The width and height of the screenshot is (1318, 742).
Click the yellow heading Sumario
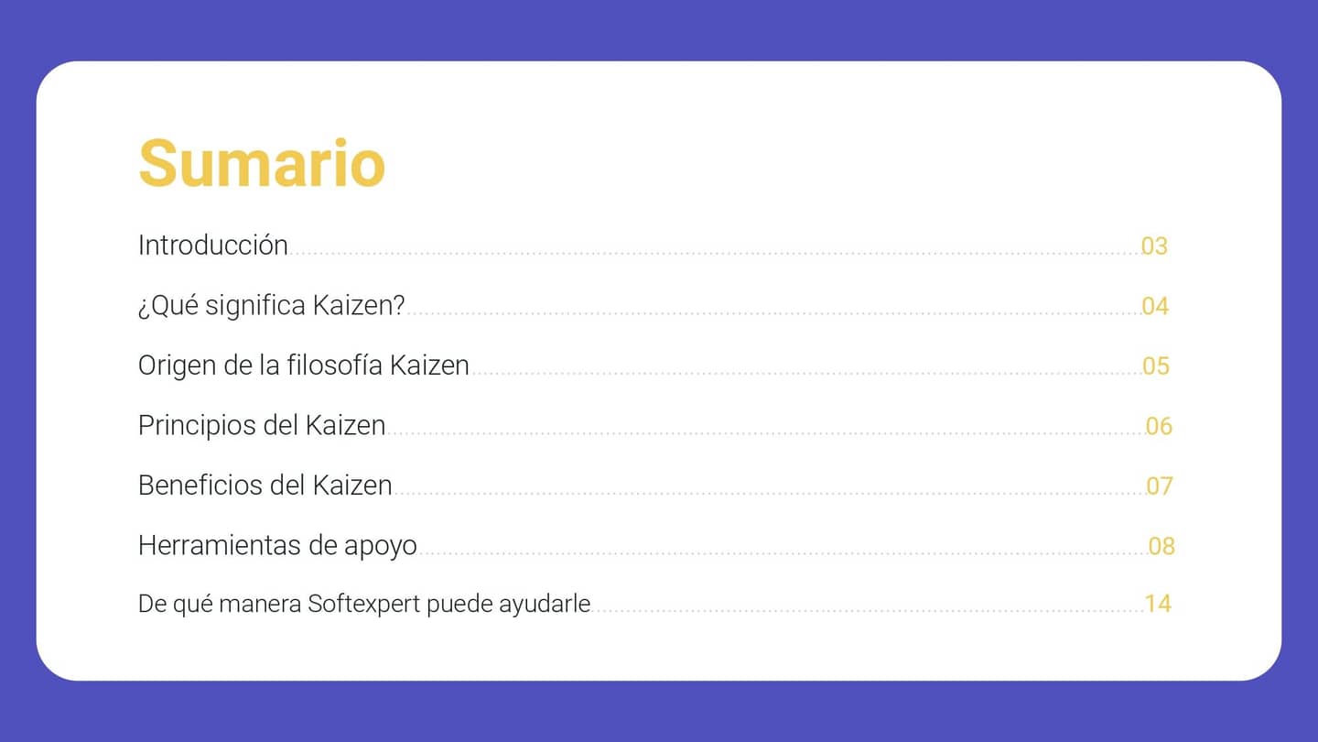[x=262, y=163]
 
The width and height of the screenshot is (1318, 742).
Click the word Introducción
[x=213, y=246]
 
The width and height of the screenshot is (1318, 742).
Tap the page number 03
[x=1154, y=246]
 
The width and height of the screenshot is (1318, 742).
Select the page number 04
[x=1155, y=307]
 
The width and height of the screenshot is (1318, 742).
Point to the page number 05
[x=1156, y=366]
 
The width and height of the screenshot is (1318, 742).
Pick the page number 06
[x=1159, y=427]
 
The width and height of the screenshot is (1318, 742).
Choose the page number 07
[x=1160, y=486]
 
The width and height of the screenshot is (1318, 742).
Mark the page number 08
[x=1161, y=547]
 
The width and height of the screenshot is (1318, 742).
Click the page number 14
[x=1158, y=604]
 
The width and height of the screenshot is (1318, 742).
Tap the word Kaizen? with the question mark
[x=359, y=306]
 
